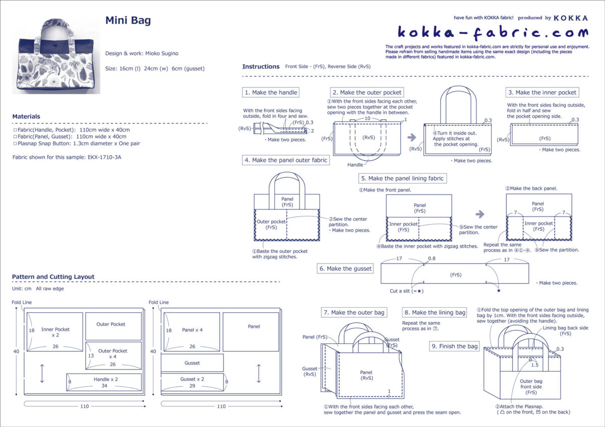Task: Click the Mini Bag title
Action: (128, 21)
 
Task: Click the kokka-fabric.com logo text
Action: (493, 33)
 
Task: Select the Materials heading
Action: (26, 116)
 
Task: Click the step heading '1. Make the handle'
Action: (271, 93)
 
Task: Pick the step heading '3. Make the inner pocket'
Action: (542, 93)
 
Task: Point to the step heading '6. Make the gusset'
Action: (345, 269)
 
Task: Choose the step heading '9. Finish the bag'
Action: (454, 346)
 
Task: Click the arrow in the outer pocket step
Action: (412, 137)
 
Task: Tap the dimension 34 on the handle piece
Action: (104, 387)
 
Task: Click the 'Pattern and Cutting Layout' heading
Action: (53, 277)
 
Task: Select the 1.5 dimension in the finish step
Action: (534, 365)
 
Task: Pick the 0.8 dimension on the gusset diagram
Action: (431, 259)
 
